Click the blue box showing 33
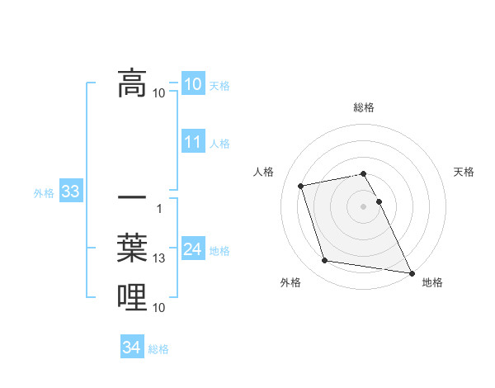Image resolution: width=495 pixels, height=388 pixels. click(x=70, y=192)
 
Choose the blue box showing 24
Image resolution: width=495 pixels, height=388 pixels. click(x=193, y=250)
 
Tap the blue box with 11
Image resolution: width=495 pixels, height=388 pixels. click(x=193, y=142)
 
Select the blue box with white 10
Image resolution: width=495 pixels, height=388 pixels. click(x=193, y=84)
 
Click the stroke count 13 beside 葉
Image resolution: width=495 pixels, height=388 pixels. click(x=159, y=258)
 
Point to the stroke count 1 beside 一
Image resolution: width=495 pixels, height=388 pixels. click(x=159, y=208)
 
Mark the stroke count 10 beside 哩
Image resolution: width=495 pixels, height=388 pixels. click(x=159, y=308)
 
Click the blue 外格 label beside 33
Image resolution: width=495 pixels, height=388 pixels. click(x=44, y=193)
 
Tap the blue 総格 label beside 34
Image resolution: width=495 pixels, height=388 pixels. click(x=158, y=348)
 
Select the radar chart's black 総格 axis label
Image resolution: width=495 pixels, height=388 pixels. click(x=364, y=107)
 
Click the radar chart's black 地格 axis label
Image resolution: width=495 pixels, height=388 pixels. click(x=432, y=282)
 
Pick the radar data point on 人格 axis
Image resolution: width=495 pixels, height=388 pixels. click(x=301, y=185)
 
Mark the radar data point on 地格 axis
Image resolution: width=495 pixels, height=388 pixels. click(x=412, y=272)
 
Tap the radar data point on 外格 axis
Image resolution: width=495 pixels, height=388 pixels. click(x=325, y=261)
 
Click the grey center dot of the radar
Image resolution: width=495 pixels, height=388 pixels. click(x=364, y=206)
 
